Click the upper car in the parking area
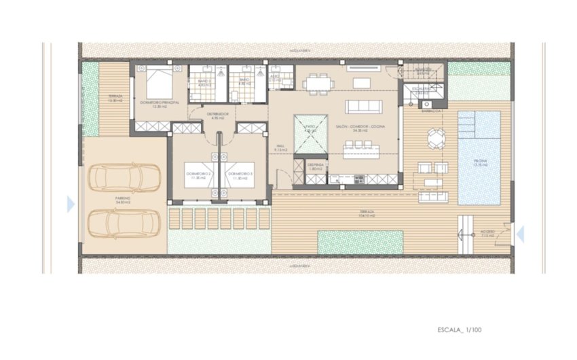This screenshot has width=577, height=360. pos(124,179)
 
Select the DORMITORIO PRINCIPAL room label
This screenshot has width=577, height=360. pos(158,103)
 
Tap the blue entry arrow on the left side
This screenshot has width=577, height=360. pos(71,203)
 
